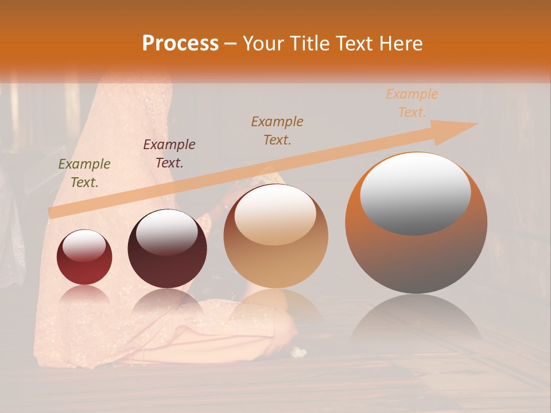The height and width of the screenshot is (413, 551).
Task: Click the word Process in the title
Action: point(180,43)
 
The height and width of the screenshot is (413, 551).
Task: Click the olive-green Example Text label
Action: point(84,173)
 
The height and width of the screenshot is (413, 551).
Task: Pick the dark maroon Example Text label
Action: point(169,154)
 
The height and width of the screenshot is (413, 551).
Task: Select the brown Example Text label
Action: point(277,131)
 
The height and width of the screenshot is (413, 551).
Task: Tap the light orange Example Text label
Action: point(412,103)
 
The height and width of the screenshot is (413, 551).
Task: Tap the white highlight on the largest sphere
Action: point(416,192)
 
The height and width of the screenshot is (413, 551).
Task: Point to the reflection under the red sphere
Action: point(84,296)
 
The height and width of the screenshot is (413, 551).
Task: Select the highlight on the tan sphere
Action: point(275,213)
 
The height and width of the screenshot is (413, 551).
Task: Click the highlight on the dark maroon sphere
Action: point(166,232)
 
